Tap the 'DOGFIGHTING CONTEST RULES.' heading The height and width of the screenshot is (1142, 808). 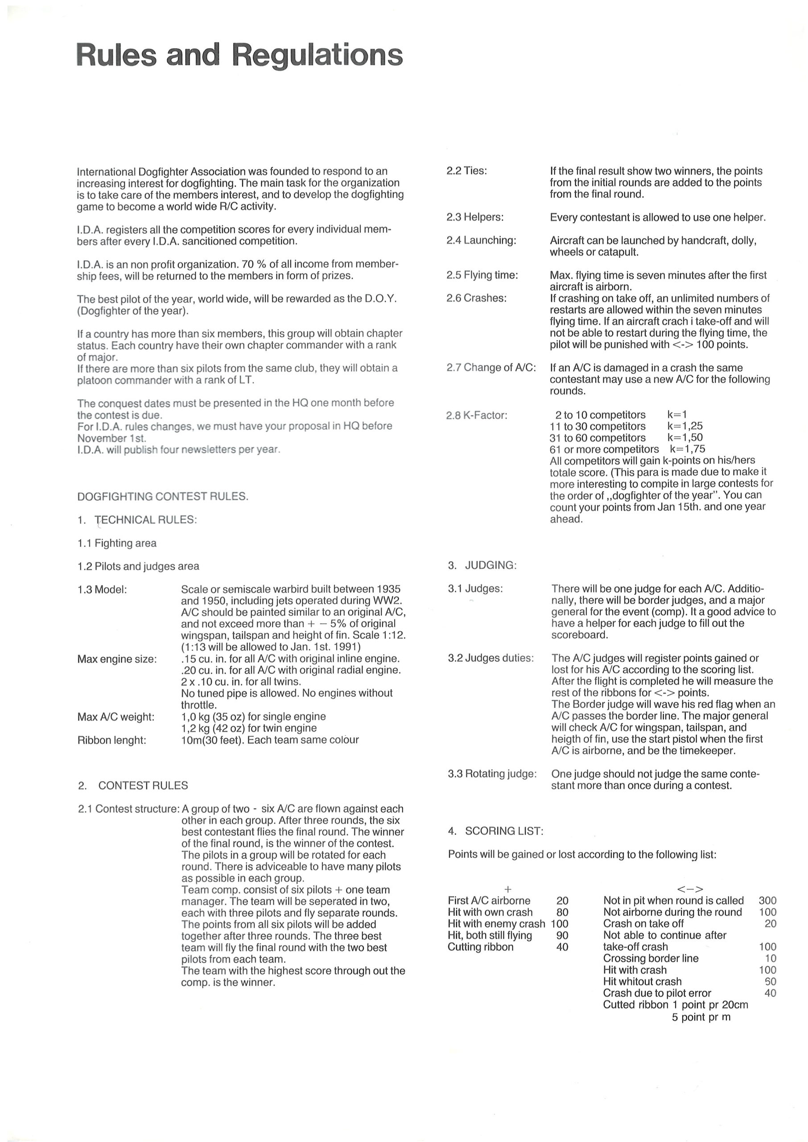162,496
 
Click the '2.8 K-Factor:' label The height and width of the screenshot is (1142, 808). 477,415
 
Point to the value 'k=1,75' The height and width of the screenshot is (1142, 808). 687,449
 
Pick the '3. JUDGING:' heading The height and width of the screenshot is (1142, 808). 482,565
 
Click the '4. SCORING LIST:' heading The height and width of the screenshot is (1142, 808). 495,831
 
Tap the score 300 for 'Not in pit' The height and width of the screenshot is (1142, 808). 767,900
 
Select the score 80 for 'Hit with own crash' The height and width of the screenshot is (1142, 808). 562,912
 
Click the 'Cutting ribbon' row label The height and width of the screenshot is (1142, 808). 480,947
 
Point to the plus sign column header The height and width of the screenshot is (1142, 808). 507,889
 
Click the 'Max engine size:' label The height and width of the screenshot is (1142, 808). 117,659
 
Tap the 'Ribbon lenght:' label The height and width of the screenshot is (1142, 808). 112,740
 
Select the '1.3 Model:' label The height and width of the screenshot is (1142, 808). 102,590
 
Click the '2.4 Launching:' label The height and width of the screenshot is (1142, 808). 481,240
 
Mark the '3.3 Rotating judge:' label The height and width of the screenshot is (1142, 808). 492,774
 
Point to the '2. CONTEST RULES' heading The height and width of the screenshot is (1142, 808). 133,785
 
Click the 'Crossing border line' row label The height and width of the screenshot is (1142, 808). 650,958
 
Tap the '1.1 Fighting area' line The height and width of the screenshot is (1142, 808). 117,543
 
